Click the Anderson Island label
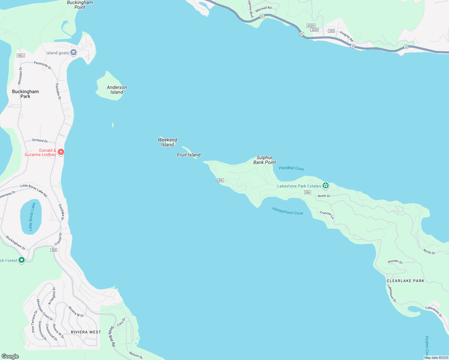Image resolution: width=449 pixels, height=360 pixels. pyautogui.click(x=117, y=90)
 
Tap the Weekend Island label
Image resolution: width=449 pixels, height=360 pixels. pyautogui.click(x=167, y=142)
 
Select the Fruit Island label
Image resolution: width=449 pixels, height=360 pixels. pyautogui.click(x=188, y=155)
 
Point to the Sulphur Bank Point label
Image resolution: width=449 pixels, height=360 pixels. pyautogui.click(x=264, y=160)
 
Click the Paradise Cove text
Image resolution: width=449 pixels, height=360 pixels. pyautogui.click(x=291, y=168)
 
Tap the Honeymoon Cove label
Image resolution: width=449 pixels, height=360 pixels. pyautogui.click(x=288, y=211)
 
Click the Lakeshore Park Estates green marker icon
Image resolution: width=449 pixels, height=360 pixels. pyautogui.click(x=325, y=186)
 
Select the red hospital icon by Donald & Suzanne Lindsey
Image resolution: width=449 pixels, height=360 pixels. pyautogui.click(x=61, y=152)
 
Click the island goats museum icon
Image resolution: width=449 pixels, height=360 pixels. pyautogui.click(x=74, y=52)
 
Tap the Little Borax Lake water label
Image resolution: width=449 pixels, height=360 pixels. pyautogui.click(x=32, y=217)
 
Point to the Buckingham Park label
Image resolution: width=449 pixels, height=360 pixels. pyautogui.click(x=25, y=94)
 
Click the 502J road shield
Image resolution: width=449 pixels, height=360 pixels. pyautogui.click(x=21, y=55)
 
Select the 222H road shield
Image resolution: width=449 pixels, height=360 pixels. pyautogui.click(x=311, y=25)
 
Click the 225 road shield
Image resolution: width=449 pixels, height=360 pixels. pyautogui.click(x=331, y=31)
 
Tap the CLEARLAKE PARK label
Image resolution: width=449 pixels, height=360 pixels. pyautogui.click(x=405, y=281)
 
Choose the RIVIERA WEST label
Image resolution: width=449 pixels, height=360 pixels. pyautogui.click(x=86, y=332)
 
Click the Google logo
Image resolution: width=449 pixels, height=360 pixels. pyautogui.click(x=10, y=356)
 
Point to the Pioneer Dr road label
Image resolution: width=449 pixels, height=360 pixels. pyautogui.click(x=395, y=262)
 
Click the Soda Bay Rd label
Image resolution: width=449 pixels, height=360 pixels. pyautogui.click(x=112, y=336)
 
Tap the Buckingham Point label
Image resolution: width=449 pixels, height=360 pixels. pyautogui.click(x=80, y=5)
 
